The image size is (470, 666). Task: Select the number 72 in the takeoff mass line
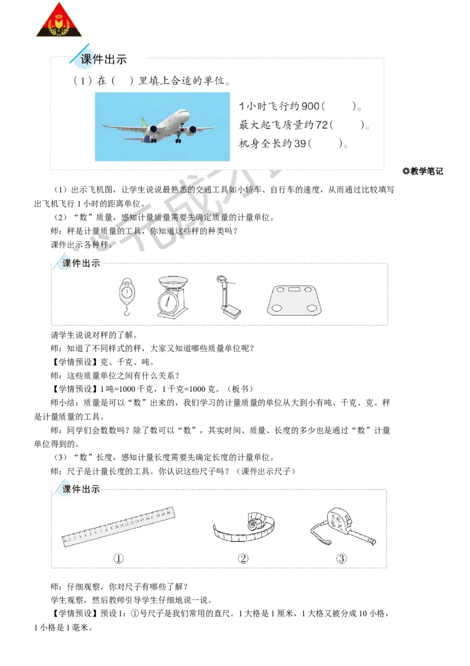coord(320,125)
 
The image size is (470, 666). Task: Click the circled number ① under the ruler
coord(119,559)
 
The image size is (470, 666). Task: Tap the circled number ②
coord(243,559)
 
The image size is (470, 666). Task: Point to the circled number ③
coord(342,559)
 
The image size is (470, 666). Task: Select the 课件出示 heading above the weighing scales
coord(81,263)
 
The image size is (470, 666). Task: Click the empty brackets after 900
coord(338,106)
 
